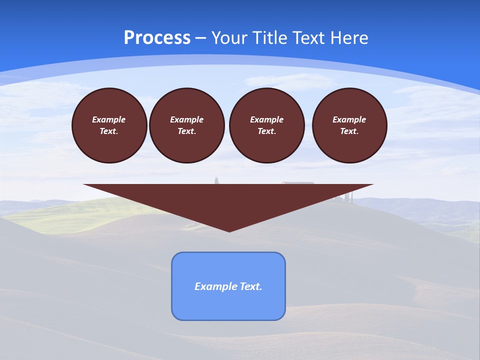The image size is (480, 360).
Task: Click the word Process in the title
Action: click(157, 37)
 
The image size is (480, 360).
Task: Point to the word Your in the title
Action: click(229, 38)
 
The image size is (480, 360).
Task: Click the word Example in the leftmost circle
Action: click(109, 119)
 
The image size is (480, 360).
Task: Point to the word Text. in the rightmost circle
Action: click(349, 131)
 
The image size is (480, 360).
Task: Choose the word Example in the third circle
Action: click(267, 119)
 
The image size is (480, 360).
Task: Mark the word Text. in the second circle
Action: click(187, 131)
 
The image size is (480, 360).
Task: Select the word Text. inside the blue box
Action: click(251, 286)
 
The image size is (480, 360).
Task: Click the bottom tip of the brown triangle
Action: click(229, 230)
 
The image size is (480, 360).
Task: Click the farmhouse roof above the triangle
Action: click(298, 182)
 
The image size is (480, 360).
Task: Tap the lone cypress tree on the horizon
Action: click(216, 180)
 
